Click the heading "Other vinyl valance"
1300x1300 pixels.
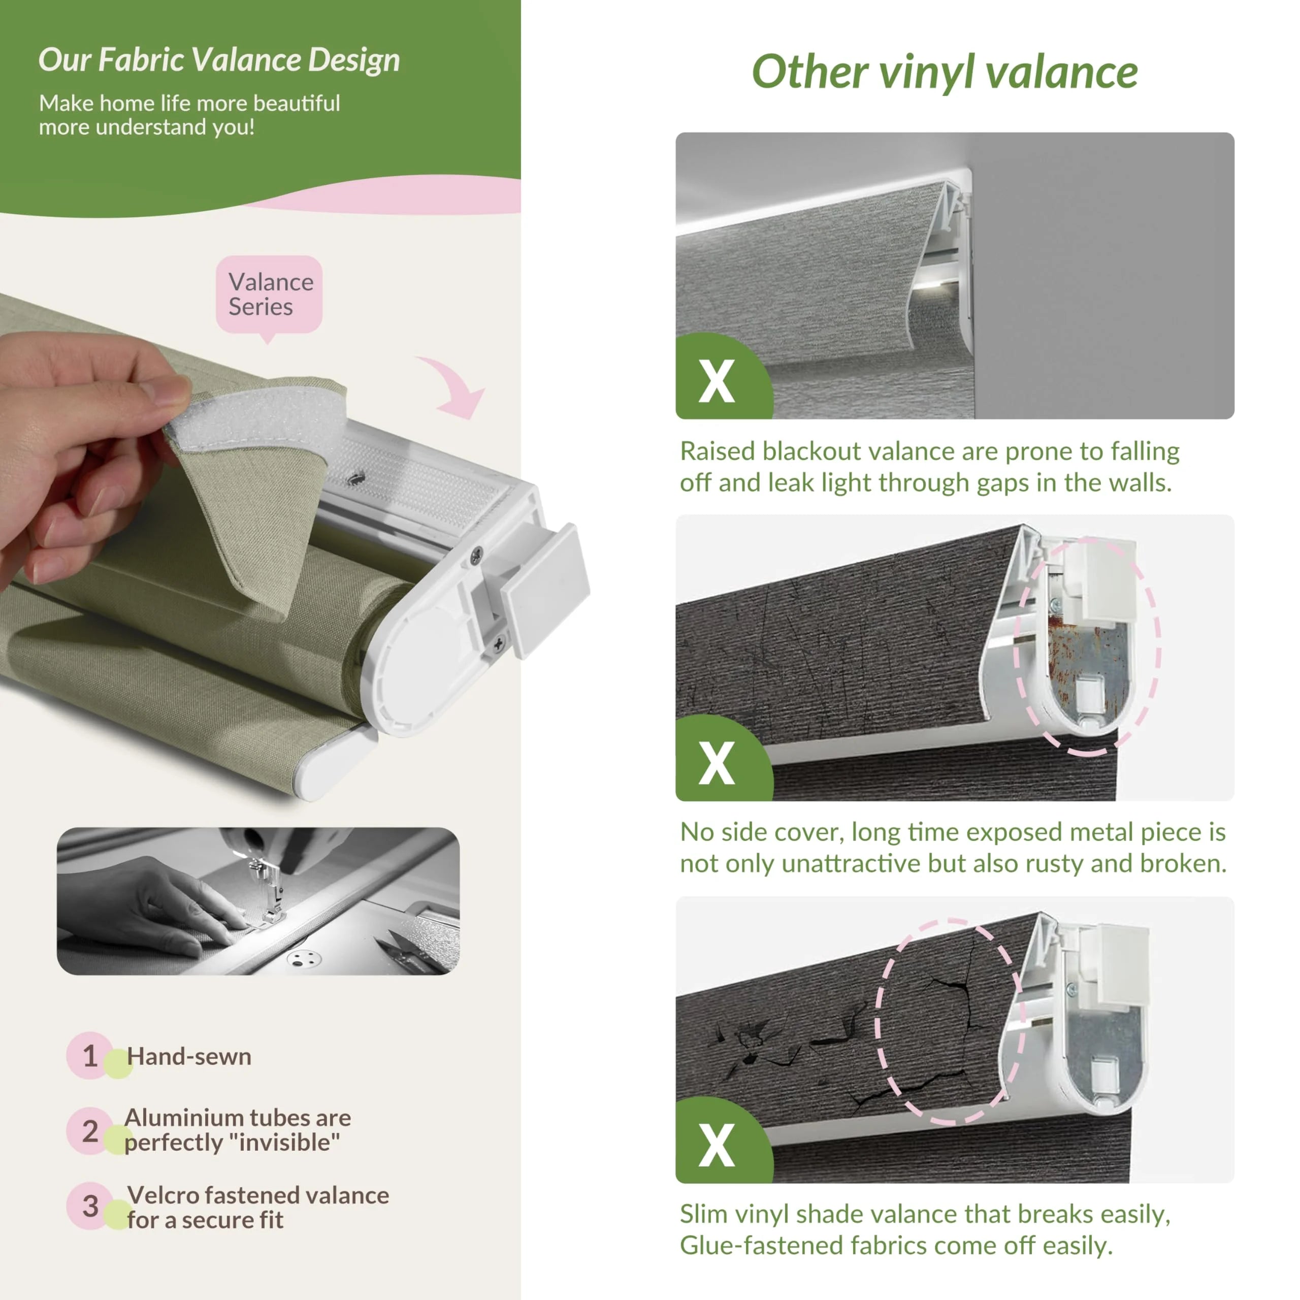click(x=944, y=73)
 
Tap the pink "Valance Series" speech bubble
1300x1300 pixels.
click(x=269, y=297)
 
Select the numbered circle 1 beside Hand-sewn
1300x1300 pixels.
click(x=89, y=1055)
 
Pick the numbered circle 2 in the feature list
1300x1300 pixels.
click(x=89, y=1130)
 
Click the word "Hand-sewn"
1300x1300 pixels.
click(x=189, y=1056)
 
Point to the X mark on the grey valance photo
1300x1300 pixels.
click(x=717, y=381)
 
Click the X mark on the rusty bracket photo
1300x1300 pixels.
click(x=717, y=763)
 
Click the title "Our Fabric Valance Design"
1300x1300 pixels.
click(x=219, y=60)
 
